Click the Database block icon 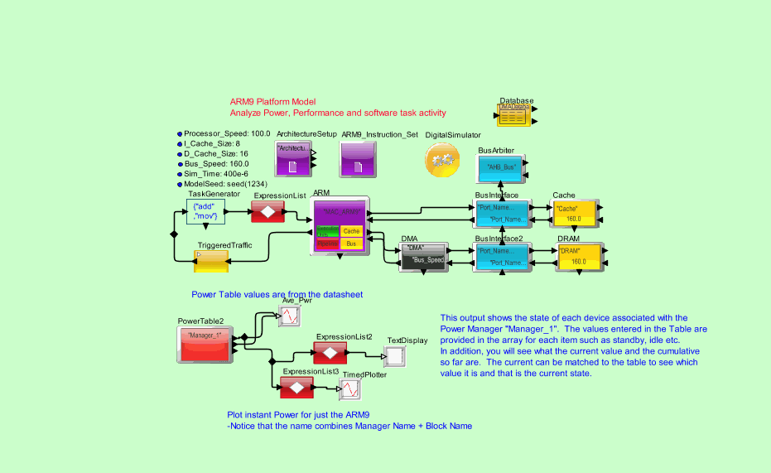513,114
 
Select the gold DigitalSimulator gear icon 442,158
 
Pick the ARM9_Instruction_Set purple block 357,158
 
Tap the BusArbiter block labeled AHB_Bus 500,168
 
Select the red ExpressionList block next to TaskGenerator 267,213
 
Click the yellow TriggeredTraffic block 210,260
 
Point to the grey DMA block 422,256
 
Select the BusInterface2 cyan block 500,256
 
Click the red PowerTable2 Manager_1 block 204,344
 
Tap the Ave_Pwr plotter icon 290,316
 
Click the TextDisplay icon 396,356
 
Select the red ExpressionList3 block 296,388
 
